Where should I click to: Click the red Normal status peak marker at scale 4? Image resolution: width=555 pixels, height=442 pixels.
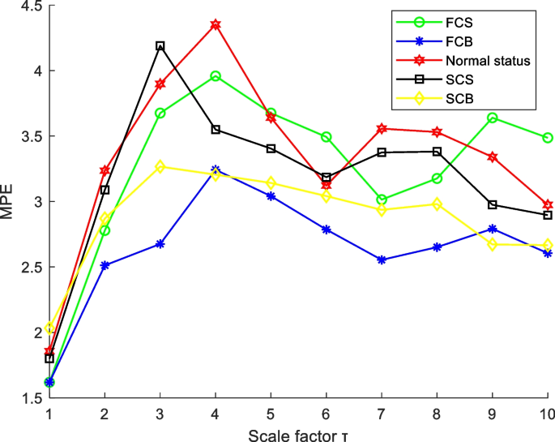(216, 25)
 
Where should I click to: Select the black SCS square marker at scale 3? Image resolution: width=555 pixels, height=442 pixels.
(160, 46)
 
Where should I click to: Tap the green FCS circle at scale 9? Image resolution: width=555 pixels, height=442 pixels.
(493, 118)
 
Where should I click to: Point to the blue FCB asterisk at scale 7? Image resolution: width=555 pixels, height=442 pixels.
(382, 260)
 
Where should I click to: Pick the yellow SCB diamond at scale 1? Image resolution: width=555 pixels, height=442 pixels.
(49, 328)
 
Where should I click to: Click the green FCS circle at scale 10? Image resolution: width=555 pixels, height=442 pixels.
(548, 138)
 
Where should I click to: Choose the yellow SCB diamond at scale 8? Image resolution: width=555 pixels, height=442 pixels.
(438, 204)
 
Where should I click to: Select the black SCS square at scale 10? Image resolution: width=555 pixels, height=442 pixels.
(548, 215)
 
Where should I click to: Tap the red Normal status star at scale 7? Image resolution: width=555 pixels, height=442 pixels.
(382, 128)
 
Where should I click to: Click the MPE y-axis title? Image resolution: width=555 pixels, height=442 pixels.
(8, 202)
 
